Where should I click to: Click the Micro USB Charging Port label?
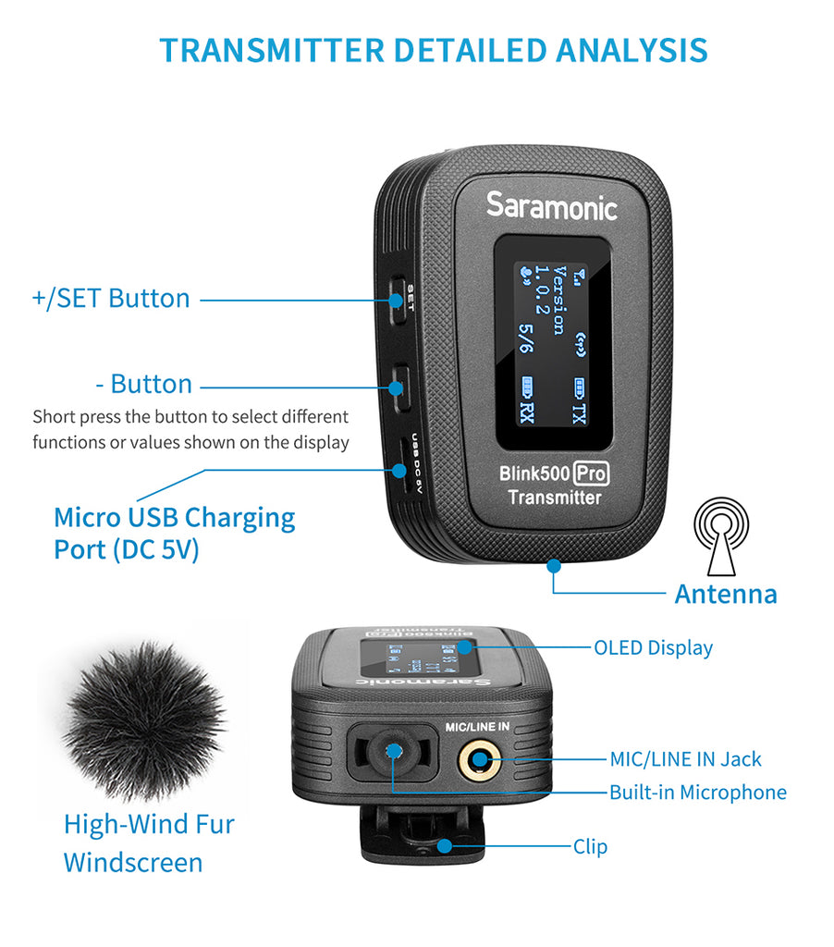(174, 533)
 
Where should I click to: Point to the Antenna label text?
(726, 594)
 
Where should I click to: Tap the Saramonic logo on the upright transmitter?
(551, 205)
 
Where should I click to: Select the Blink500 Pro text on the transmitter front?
(554, 473)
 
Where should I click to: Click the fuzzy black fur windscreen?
(144, 721)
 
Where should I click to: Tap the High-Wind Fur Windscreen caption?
(148, 842)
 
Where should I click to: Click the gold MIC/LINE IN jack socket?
(480, 761)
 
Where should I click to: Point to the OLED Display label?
(653, 647)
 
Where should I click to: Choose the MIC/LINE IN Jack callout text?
(685, 759)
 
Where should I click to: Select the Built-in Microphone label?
(697, 793)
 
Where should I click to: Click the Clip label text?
(590, 846)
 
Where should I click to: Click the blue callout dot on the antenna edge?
(552, 563)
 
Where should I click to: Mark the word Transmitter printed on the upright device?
(554, 498)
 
